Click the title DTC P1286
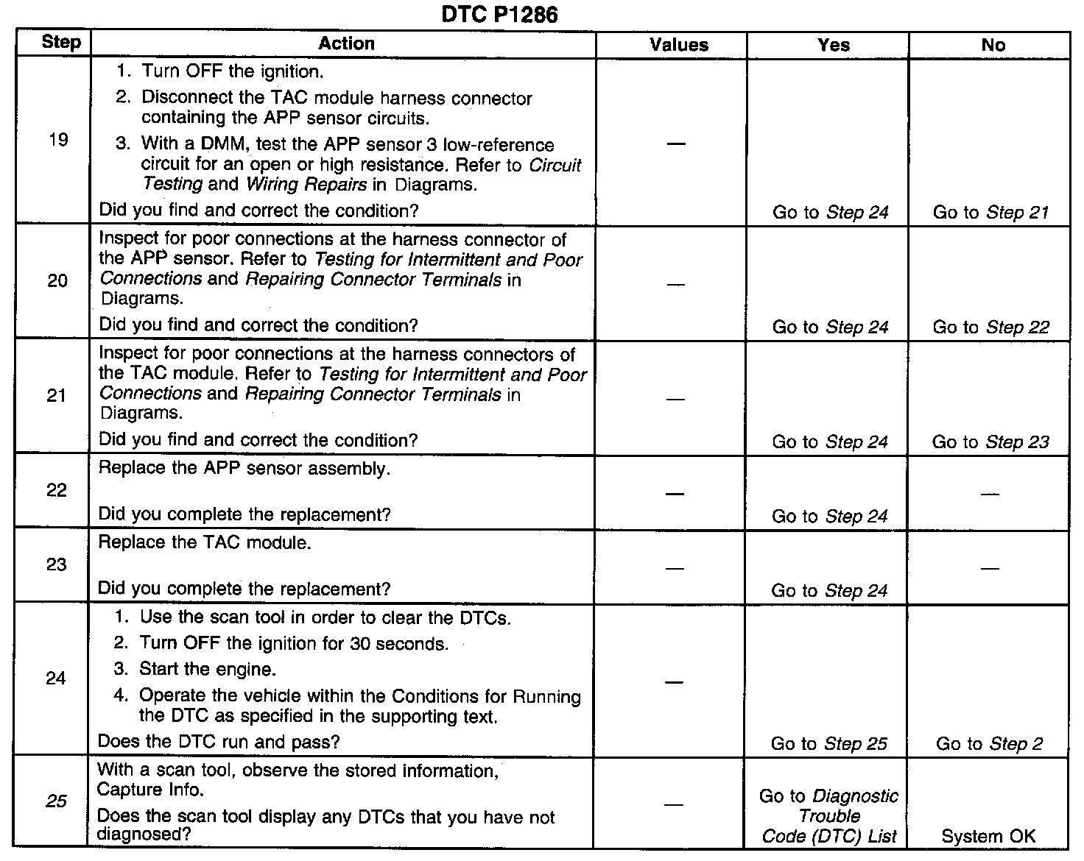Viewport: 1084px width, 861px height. [499, 14]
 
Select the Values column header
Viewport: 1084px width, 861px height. [678, 45]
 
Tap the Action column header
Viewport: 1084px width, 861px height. [346, 43]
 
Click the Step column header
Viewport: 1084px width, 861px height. [61, 42]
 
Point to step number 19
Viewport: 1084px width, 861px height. [58, 140]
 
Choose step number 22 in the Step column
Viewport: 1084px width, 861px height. [57, 490]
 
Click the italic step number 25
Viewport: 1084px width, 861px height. [57, 801]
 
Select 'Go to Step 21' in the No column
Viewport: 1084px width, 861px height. [990, 213]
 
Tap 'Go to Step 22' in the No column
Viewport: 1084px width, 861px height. [990, 327]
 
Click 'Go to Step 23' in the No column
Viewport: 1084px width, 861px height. [990, 442]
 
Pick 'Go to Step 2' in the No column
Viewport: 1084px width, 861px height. [989, 744]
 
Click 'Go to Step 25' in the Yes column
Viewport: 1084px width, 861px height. [829, 744]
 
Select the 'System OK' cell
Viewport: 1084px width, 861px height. [988, 837]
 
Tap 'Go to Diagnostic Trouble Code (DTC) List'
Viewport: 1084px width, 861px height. [829, 816]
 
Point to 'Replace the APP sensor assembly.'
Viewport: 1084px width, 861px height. [244, 469]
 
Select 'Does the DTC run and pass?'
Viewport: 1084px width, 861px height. [219, 742]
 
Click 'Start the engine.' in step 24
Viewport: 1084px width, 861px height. [208, 670]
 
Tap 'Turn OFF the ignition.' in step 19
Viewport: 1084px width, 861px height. [233, 71]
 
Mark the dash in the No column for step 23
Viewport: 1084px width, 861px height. [990, 568]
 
